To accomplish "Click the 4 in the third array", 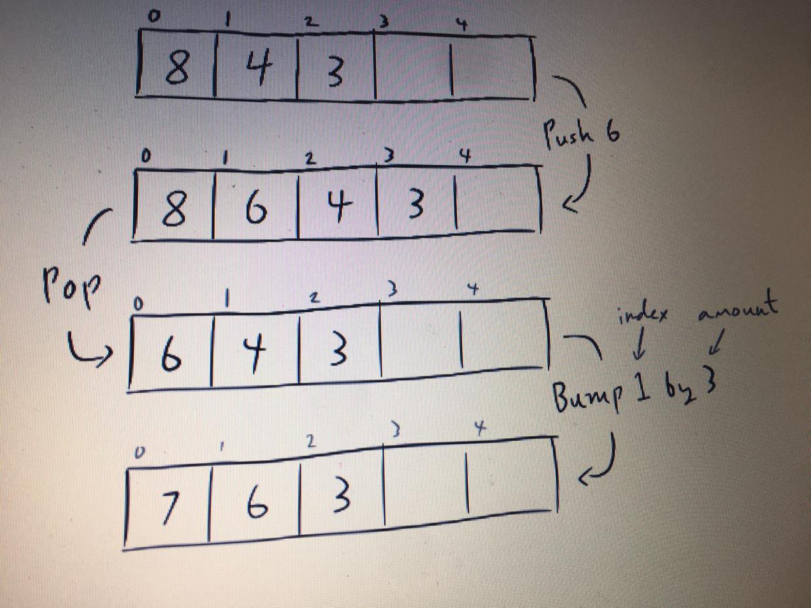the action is (x=254, y=353).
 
